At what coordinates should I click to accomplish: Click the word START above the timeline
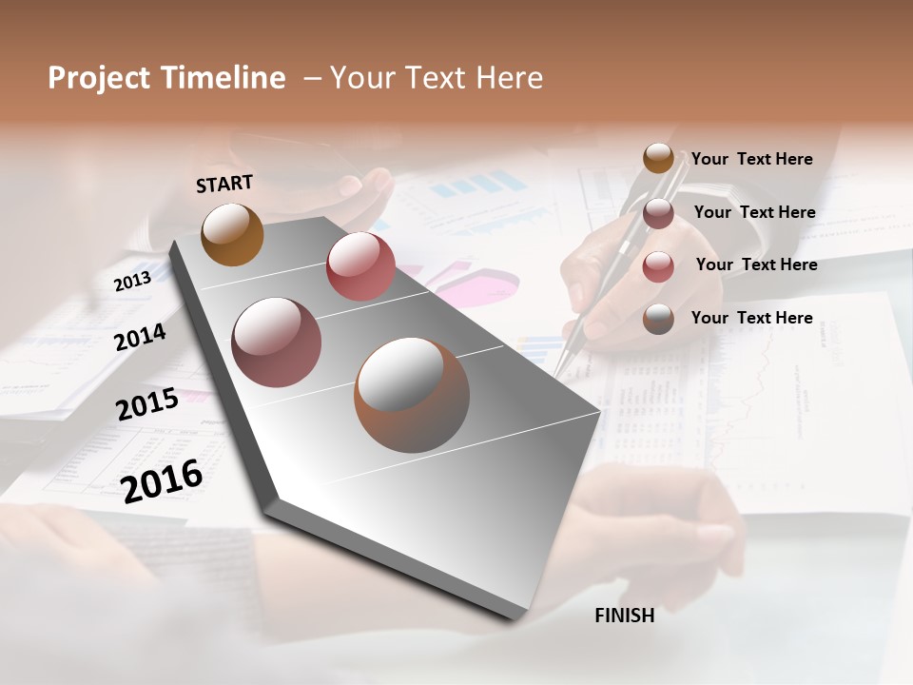tap(224, 183)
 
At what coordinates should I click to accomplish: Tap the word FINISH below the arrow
tap(625, 616)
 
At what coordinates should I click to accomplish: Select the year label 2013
tap(132, 282)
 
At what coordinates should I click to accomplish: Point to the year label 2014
tap(140, 337)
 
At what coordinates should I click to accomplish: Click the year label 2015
tap(147, 404)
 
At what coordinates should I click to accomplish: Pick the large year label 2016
tap(162, 480)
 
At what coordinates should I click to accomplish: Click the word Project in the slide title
tap(100, 78)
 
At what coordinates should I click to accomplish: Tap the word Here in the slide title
tap(508, 78)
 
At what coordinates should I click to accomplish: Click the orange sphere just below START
tap(233, 234)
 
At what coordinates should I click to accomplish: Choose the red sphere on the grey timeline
tap(360, 265)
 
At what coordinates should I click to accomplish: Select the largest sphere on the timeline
tap(412, 394)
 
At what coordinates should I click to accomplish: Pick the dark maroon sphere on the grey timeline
tap(276, 342)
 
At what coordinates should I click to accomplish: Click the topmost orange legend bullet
tap(658, 158)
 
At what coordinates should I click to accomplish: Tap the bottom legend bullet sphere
tap(658, 319)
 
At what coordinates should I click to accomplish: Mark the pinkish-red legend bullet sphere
tap(658, 266)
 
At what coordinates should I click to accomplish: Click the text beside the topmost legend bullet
tap(751, 159)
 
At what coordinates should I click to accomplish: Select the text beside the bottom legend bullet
tap(751, 318)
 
